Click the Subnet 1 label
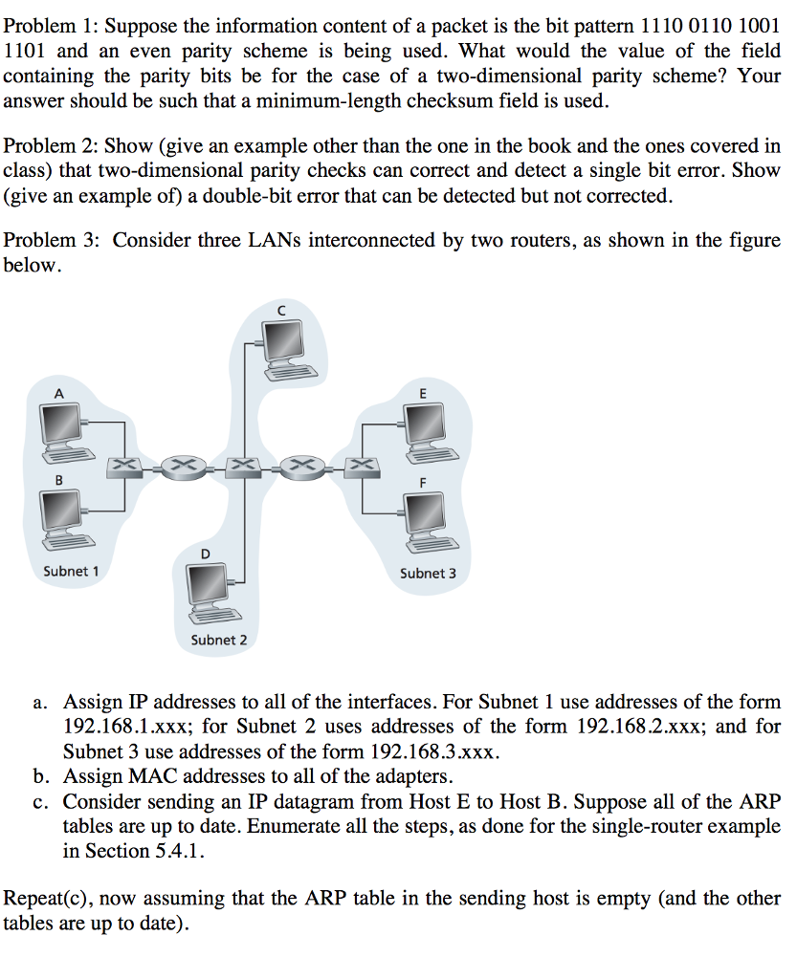click(71, 572)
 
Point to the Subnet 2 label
click(218, 640)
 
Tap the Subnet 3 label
click(428, 574)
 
